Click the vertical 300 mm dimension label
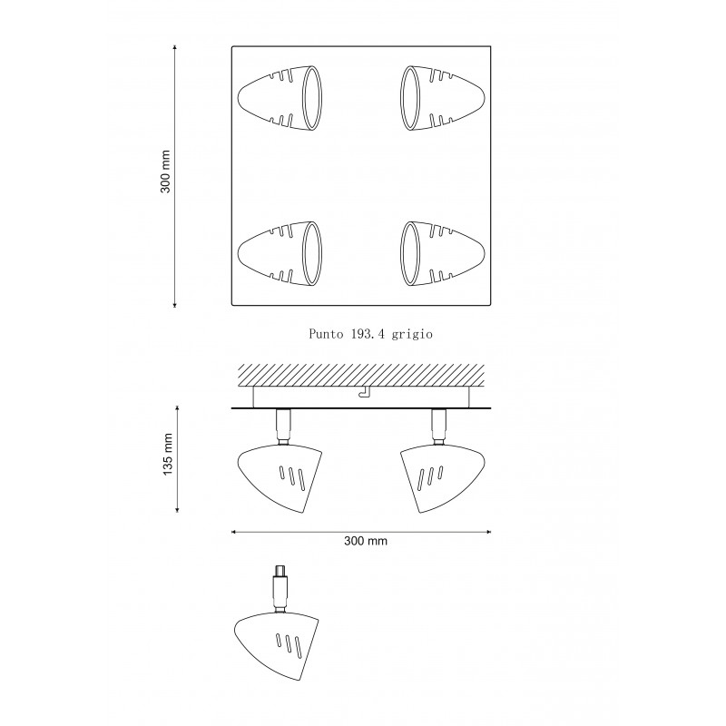click(x=165, y=172)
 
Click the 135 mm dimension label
click(x=168, y=454)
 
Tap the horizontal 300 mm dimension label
click(x=366, y=541)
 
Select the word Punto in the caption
click(x=326, y=334)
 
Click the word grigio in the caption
click(x=412, y=334)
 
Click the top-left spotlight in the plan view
click(x=280, y=99)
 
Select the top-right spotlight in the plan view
click(x=443, y=98)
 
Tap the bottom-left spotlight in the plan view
click(x=280, y=253)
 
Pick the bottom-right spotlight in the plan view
click(x=443, y=253)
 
